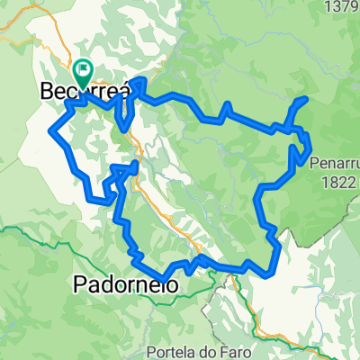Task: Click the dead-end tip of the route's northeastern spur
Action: [x=308, y=98]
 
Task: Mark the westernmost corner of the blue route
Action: [x=49, y=131]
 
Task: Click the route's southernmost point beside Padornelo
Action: [x=165, y=276]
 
